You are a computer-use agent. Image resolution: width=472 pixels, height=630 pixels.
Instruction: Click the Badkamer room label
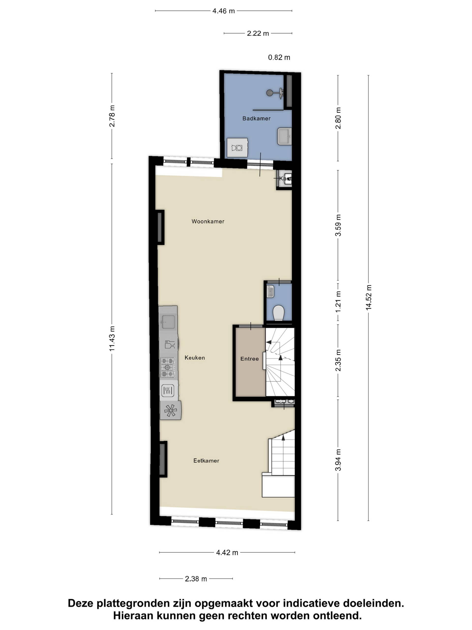pyautogui.click(x=256, y=118)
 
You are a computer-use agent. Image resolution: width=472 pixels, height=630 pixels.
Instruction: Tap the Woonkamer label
pyautogui.click(x=208, y=221)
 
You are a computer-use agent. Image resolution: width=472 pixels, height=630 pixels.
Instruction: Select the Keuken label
pyautogui.click(x=195, y=358)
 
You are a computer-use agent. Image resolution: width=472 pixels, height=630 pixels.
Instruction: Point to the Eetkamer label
pyautogui.click(x=206, y=460)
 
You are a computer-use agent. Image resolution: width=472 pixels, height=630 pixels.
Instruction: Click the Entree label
pyautogui.click(x=250, y=359)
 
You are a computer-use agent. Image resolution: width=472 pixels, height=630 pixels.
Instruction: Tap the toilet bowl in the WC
pyautogui.click(x=279, y=313)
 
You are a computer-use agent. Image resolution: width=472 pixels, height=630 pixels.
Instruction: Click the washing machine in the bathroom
pyautogui.click(x=237, y=147)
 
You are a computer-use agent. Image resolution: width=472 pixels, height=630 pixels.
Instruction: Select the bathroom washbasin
pyautogui.click(x=284, y=136)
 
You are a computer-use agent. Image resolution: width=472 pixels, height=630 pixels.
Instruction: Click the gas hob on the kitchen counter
pyautogui.click(x=168, y=368)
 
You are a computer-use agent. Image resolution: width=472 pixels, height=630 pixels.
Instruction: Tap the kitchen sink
pyautogui.click(x=168, y=322)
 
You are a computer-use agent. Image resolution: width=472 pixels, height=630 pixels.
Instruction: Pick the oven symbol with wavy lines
pyautogui.click(x=168, y=391)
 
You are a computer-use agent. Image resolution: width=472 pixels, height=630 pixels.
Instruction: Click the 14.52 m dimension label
pyautogui.click(x=369, y=297)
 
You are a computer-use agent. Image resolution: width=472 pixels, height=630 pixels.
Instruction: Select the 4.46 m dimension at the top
pyautogui.click(x=224, y=11)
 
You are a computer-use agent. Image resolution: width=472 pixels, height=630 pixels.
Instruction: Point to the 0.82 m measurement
pyautogui.click(x=279, y=58)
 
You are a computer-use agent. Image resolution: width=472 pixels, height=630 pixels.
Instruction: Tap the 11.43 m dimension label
pyautogui.click(x=112, y=339)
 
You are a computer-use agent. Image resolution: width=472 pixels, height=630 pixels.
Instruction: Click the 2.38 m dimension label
pyautogui.click(x=196, y=579)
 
